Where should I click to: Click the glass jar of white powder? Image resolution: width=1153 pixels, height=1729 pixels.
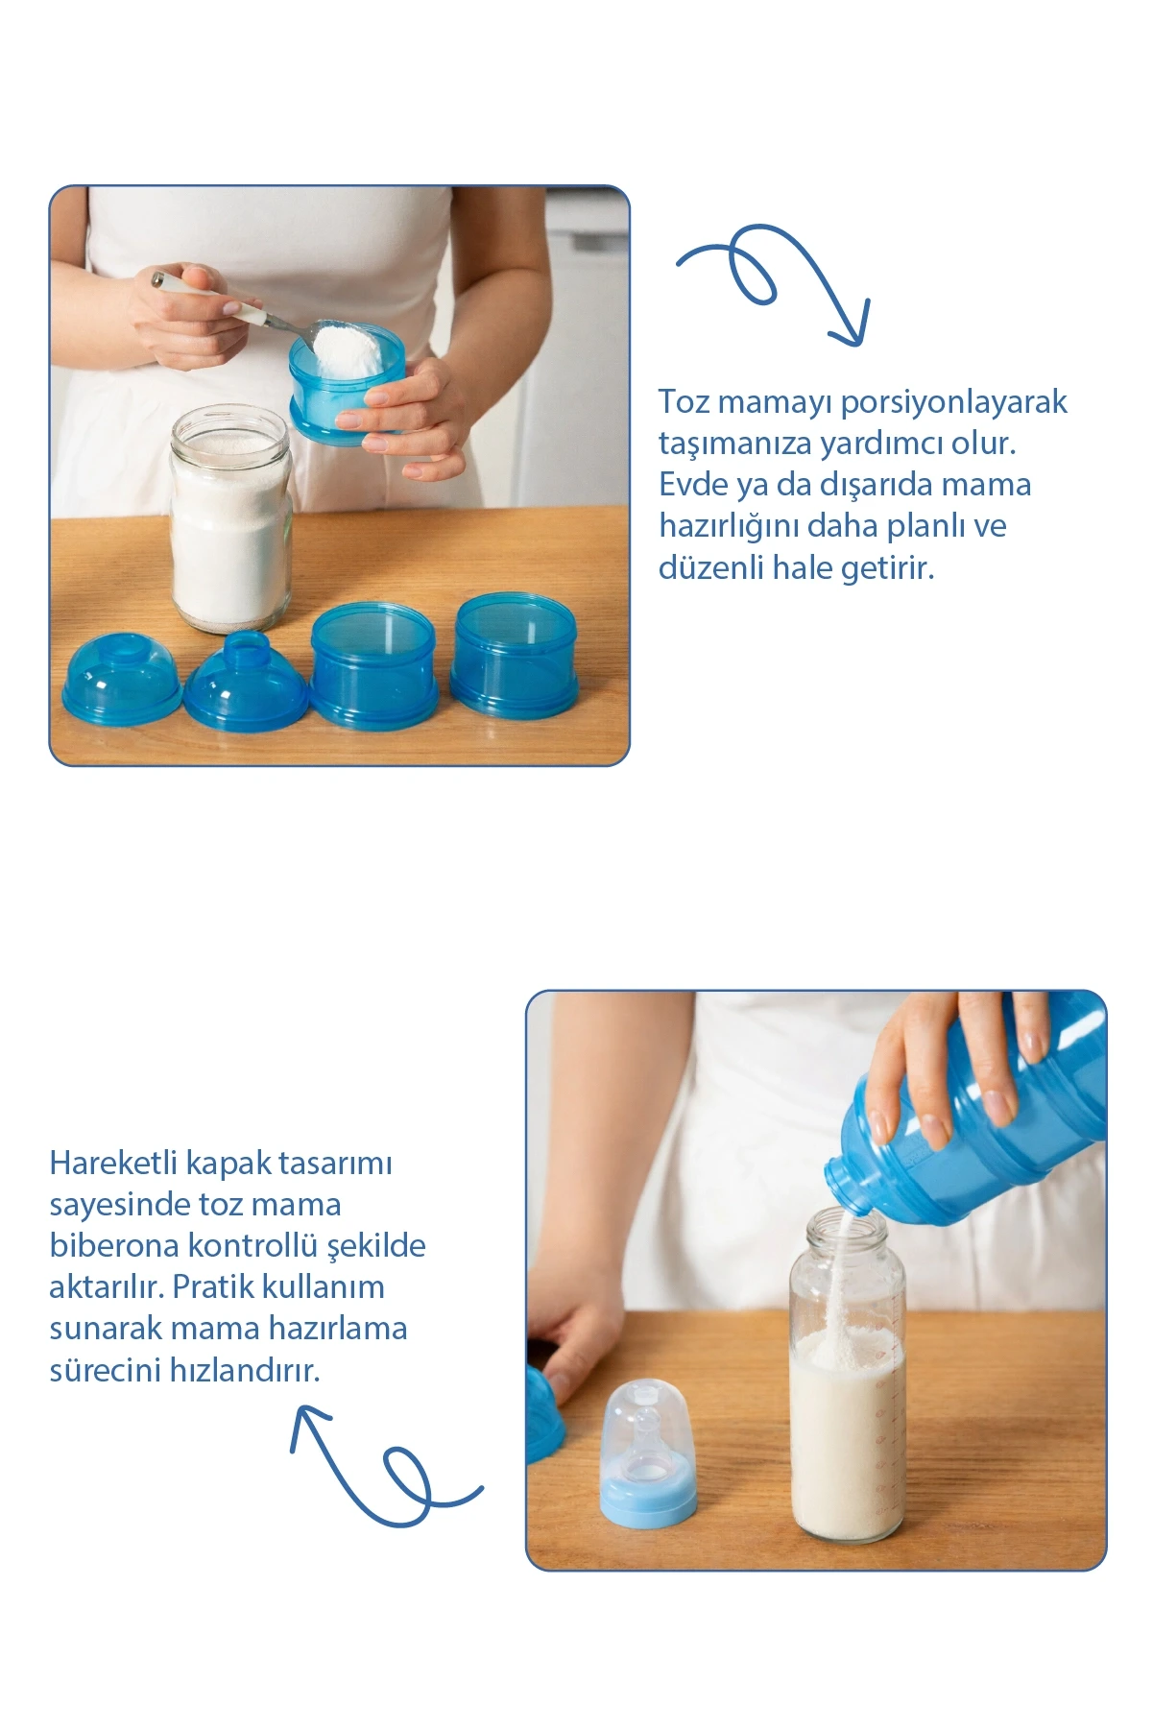point(230,518)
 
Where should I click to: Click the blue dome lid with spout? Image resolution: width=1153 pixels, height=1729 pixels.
point(246,681)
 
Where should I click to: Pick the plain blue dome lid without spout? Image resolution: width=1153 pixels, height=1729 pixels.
point(122,677)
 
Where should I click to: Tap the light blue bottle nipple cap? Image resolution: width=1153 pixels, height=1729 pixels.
point(648,1451)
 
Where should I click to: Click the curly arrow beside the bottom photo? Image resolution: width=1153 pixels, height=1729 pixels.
point(384,1469)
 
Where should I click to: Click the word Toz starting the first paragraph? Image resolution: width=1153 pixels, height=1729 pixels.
point(684,401)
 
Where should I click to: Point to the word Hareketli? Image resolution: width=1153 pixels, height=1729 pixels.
point(113,1163)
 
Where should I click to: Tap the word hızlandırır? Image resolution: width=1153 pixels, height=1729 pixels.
point(245,1369)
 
